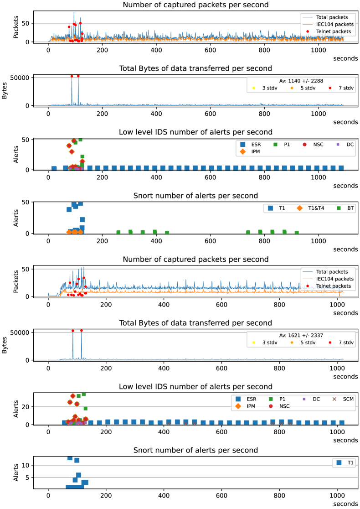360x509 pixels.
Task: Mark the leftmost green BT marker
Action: (x=118, y=233)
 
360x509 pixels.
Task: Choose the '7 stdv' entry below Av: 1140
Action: (x=342, y=88)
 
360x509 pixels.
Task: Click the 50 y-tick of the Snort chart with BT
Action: (x=27, y=202)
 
